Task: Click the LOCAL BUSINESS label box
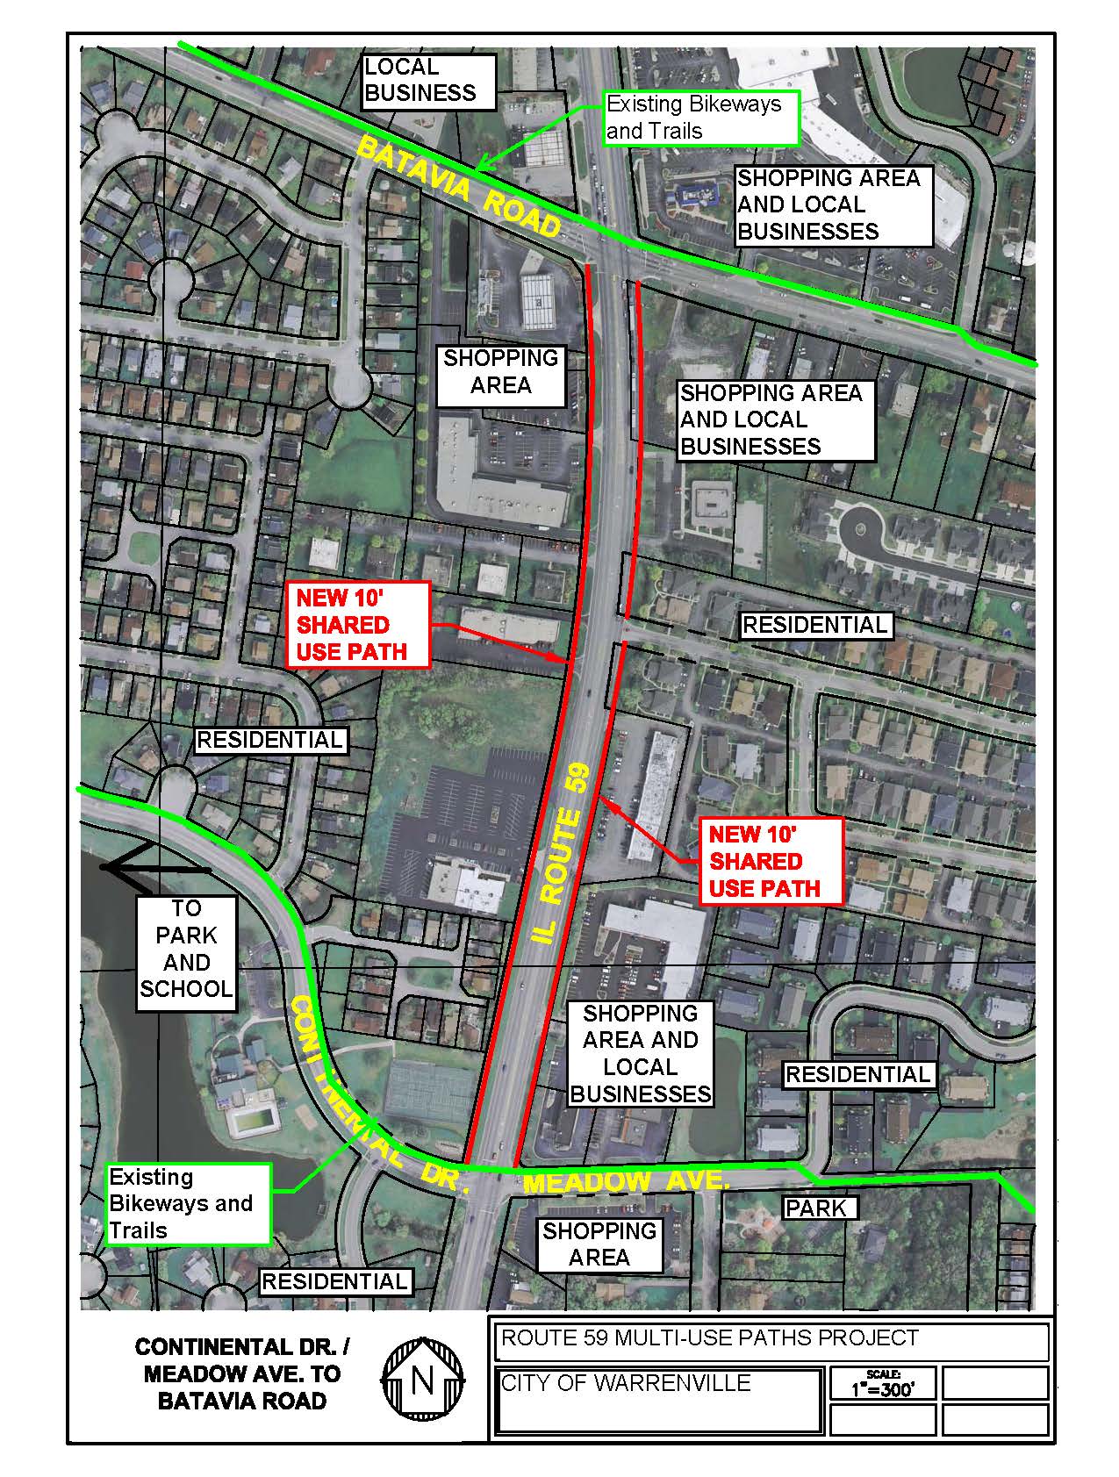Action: pyautogui.click(x=429, y=81)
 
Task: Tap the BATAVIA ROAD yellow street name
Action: pyautogui.click(x=459, y=189)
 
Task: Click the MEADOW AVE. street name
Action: pyautogui.click(x=626, y=1181)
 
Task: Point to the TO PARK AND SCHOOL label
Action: pyautogui.click(x=186, y=949)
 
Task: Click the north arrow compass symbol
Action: pyautogui.click(x=422, y=1380)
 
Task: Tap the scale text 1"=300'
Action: pyautogui.click(x=882, y=1388)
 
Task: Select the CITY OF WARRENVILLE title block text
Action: pyautogui.click(x=626, y=1384)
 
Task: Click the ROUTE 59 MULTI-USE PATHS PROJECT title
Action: pyautogui.click(x=709, y=1338)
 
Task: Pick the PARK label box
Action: pyautogui.click(x=816, y=1208)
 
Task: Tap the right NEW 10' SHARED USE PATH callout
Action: pyautogui.click(x=764, y=861)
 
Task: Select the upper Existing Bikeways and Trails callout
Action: pyautogui.click(x=700, y=118)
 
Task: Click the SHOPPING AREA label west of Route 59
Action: pyautogui.click(x=500, y=371)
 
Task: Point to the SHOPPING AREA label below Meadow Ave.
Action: pyautogui.click(x=599, y=1244)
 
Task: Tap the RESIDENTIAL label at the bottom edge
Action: pyautogui.click(x=335, y=1281)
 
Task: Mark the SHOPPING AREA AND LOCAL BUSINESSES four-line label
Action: pyautogui.click(x=640, y=1053)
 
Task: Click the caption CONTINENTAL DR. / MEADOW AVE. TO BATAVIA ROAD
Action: pyautogui.click(x=241, y=1373)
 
